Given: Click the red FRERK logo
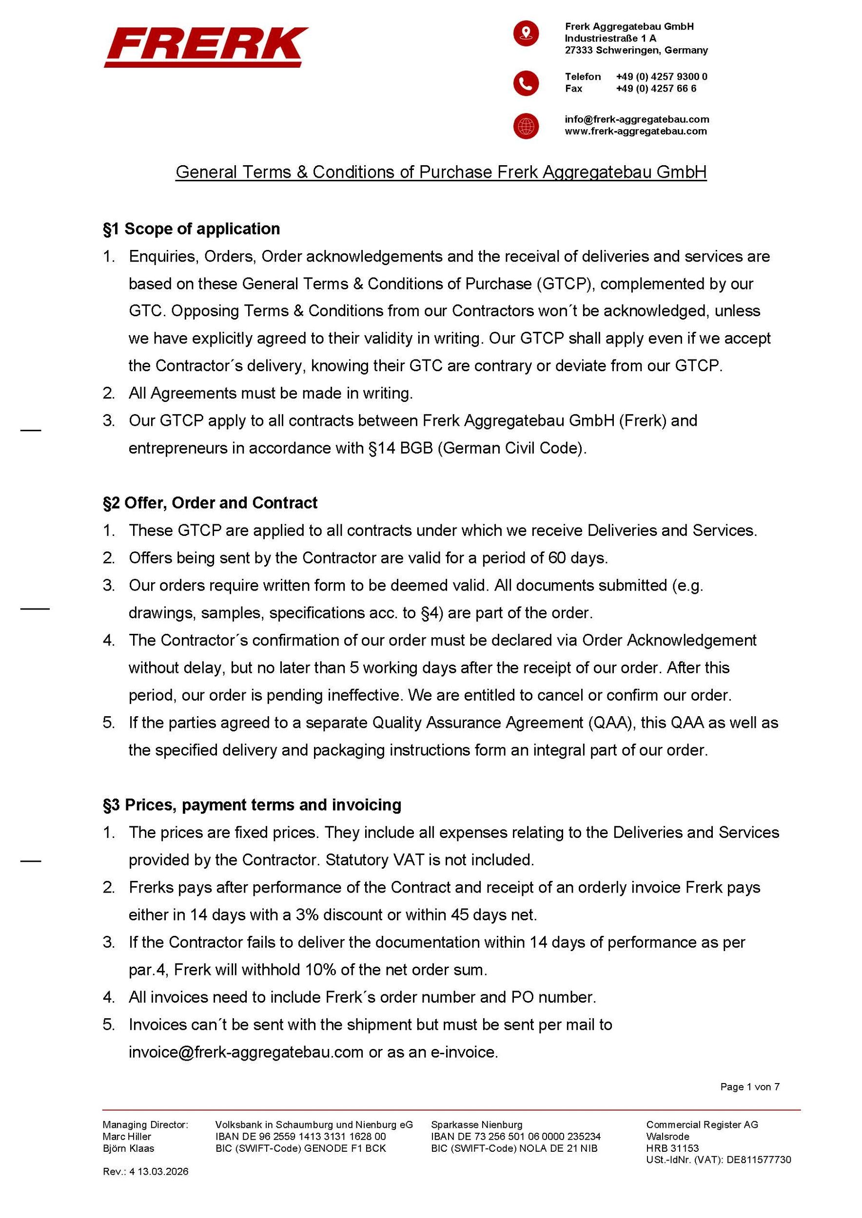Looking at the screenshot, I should (205, 47).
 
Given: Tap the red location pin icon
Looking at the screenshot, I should (526, 34).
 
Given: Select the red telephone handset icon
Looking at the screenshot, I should (526, 83).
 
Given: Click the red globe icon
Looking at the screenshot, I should (526, 126).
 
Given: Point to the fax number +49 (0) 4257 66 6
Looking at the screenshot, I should (656, 89).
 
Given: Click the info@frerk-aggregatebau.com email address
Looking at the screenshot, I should (636, 119).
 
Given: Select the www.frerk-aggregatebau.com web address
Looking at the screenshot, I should (635, 131).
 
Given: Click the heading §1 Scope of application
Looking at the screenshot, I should (191, 228).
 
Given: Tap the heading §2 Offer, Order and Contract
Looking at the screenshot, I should (210, 502).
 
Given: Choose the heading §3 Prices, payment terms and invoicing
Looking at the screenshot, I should (252, 805).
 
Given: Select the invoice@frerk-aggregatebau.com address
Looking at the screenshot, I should (246, 1052).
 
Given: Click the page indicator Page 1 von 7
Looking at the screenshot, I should (749, 1087).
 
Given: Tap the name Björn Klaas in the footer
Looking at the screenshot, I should (128, 1148).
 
